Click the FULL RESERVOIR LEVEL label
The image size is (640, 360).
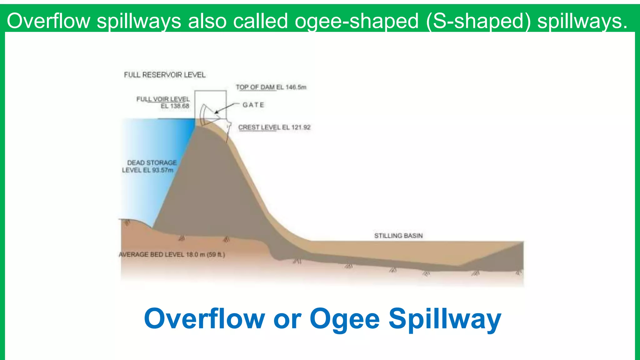[x=165, y=75]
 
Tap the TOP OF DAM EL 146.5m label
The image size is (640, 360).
[x=271, y=87]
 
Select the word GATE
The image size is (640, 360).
[x=253, y=105]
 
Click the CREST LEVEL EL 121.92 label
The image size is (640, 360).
[x=274, y=127]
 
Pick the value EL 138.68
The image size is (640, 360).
[x=175, y=106]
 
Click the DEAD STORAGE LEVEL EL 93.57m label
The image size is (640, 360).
[x=149, y=167]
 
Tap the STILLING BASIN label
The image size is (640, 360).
[x=398, y=236]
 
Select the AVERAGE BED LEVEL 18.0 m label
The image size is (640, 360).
[x=172, y=255]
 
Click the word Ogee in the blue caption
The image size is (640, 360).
[x=345, y=319]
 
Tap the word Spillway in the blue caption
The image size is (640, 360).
[x=445, y=319]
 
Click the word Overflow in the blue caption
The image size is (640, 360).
[x=204, y=319]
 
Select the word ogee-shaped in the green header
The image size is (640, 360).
[x=357, y=21]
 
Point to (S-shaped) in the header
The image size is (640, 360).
[x=478, y=21]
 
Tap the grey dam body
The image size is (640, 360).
[x=212, y=187]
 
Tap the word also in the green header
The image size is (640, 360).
[x=207, y=21]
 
